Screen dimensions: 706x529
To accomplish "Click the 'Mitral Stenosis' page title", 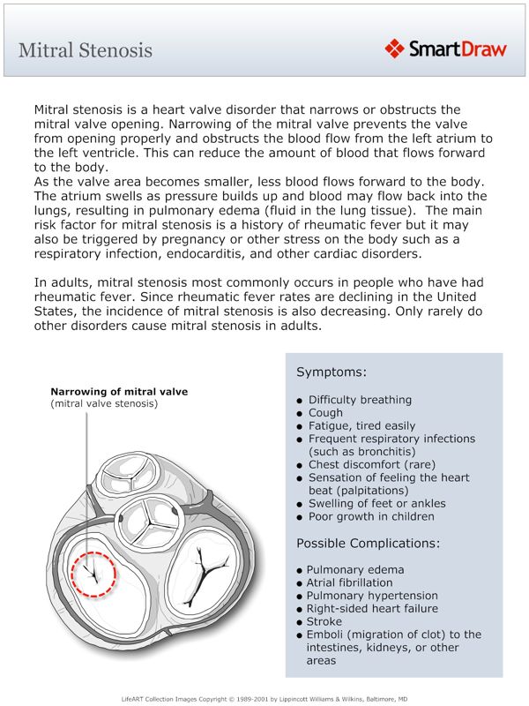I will click(x=86, y=49).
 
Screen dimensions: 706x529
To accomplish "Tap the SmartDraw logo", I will click(x=446, y=49).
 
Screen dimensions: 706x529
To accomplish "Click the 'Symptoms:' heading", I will click(x=331, y=372).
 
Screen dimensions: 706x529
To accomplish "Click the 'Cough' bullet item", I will click(x=325, y=412).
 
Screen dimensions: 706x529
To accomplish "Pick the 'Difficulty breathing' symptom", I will click(x=360, y=399).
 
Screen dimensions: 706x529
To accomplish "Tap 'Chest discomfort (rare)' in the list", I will click(x=371, y=464).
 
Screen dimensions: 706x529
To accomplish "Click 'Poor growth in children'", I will click(x=371, y=516).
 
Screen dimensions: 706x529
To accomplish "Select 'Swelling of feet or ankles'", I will click(x=376, y=503).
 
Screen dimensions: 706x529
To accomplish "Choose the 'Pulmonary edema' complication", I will click(x=355, y=570).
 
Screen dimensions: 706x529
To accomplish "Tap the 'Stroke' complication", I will click(x=324, y=621).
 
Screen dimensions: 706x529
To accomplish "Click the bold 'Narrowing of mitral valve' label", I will click(x=119, y=391).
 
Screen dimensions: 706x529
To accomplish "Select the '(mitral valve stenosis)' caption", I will click(x=104, y=403).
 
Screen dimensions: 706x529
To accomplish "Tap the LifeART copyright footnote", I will click(x=264, y=696).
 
